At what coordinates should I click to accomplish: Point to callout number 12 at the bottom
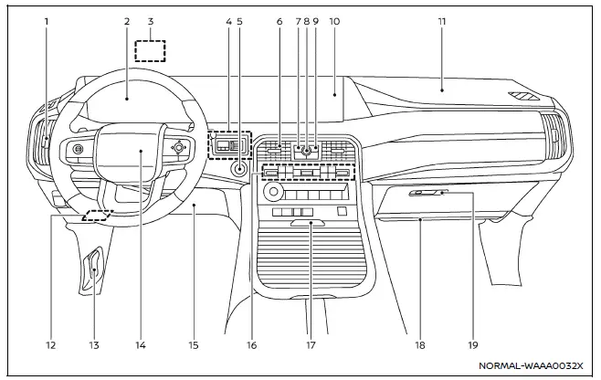(51, 345)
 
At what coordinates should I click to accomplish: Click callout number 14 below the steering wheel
(141, 345)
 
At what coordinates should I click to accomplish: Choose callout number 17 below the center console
(309, 345)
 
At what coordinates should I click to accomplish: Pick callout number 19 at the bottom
(473, 345)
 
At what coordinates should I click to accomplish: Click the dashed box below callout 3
(150, 49)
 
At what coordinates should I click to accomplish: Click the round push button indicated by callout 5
(239, 168)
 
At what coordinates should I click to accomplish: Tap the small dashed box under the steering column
(96, 216)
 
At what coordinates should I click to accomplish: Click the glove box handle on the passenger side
(426, 195)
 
